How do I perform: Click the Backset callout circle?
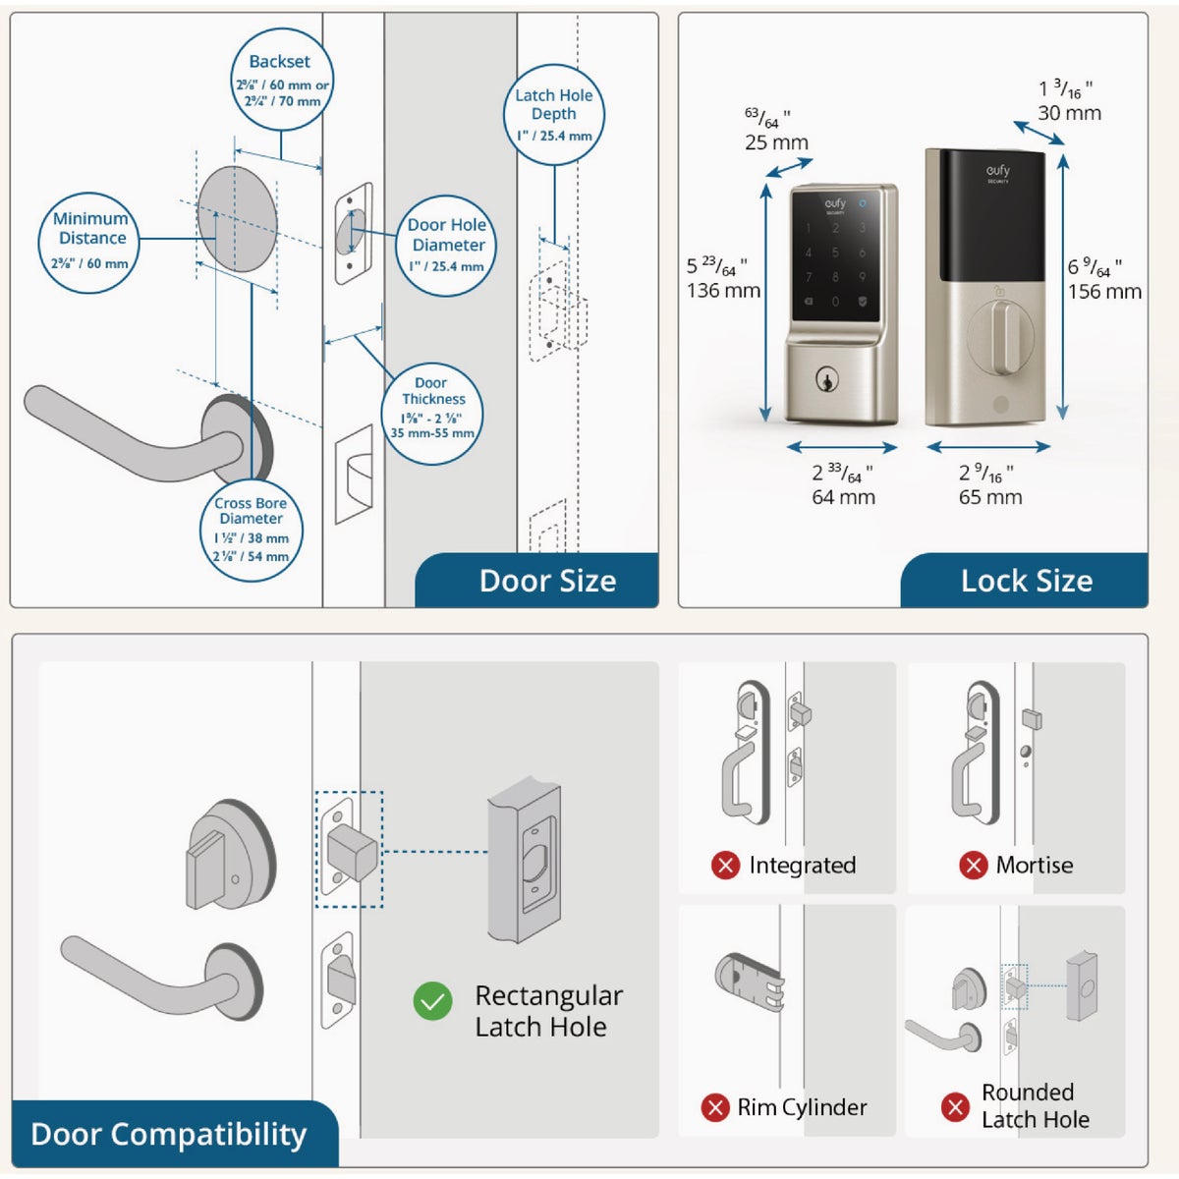click(x=281, y=81)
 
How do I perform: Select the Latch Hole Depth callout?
click(x=554, y=116)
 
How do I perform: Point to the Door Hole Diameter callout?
click(x=447, y=246)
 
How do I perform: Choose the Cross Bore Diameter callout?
click(x=252, y=530)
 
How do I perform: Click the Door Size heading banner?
click(x=546, y=581)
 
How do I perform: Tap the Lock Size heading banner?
click(x=1026, y=581)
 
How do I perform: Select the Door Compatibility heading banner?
click(x=169, y=1134)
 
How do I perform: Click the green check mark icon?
click(x=432, y=1002)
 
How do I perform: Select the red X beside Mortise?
click(x=973, y=866)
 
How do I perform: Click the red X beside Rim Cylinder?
click(x=714, y=1107)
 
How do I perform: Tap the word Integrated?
click(x=802, y=866)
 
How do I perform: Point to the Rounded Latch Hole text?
click(x=1035, y=1106)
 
